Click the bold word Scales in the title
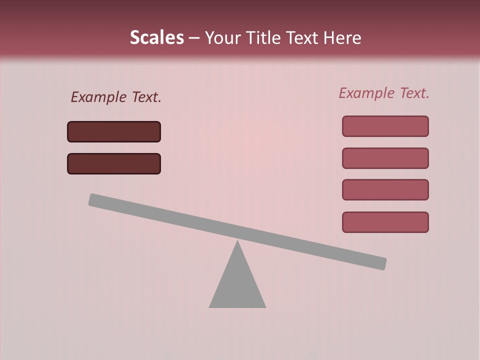pyautogui.click(x=156, y=37)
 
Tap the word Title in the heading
pyautogui.click(x=265, y=37)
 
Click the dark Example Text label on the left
pyautogui.click(x=116, y=97)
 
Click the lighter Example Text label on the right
pyautogui.click(x=384, y=93)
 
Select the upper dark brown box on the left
pyautogui.click(x=114, y=131)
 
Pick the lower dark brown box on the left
pyautogui.click(x=114, y=163)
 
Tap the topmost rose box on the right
pyautogui.click(x=385, y=126)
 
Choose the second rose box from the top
pyautogui.click(x=385, y=158)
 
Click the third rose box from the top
pyautogui.click(x=385, y=190)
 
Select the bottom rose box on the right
pyautogui.click(x=385, y=222)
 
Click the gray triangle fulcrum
pyautogui.click(x=237, y=285)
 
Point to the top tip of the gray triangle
pyautogui.click(x=237, y=242)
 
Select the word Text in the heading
pyautogui.click(x=303, y=37)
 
